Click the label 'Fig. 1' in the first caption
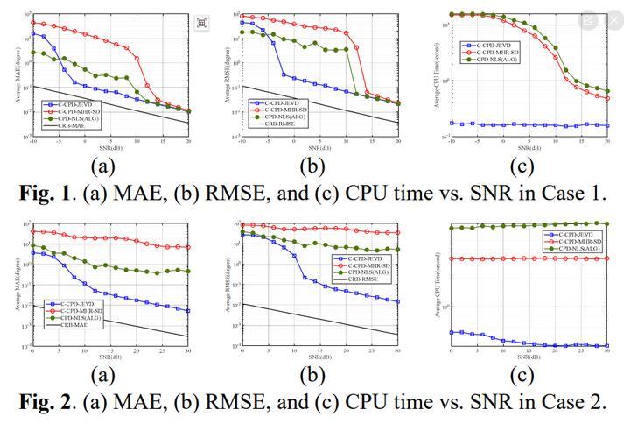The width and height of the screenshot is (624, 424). tap(37, 192)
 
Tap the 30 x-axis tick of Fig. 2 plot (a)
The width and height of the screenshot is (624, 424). tap(188, 350)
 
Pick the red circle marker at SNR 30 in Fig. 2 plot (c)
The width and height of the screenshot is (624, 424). tap(607, 258)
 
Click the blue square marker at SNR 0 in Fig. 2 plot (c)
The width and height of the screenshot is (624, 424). tap(452, 333)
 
